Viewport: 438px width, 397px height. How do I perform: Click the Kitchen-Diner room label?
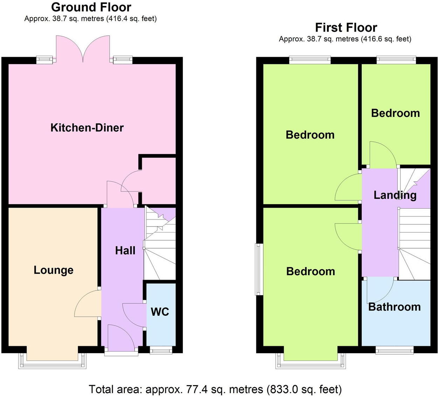coord(87,128)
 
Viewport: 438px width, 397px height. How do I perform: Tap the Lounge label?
coord(54,270)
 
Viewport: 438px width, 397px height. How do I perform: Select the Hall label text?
coord(125,251)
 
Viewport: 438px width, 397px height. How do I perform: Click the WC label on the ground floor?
coord(160,312)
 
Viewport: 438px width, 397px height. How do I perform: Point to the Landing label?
coord(395,195)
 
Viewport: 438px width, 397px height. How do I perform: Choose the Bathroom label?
coord(394,307)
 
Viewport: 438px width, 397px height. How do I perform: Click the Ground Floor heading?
coord(91,7)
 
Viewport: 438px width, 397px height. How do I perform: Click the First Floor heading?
coord(346,27)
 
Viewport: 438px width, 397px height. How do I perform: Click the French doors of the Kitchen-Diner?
coord(83,49)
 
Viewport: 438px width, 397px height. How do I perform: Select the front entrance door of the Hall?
coord(121,339)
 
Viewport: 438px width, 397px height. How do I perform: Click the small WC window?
coord(161,350)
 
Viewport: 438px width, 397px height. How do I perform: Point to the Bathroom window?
coord(394,350)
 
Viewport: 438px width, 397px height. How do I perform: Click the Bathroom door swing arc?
coord(380,291)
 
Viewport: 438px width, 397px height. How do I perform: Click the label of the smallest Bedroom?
coord(395,113)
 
